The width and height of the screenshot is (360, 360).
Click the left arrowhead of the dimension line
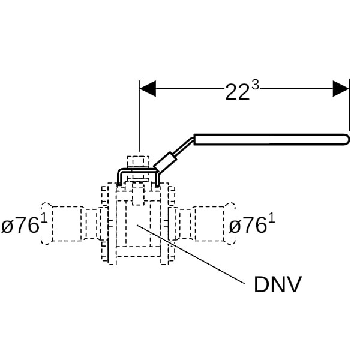tap(147, 89)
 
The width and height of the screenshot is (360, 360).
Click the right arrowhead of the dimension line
tap(341, 89)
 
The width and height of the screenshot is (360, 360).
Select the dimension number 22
tap(237, 92)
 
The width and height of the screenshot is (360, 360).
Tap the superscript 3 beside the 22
tap(256, 85)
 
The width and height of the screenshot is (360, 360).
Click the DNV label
tap(277, 284)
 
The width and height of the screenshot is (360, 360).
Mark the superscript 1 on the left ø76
tap(43, 218)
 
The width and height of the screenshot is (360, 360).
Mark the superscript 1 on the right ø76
tap(272, 218)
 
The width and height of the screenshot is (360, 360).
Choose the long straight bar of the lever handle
tap(270, 139)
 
